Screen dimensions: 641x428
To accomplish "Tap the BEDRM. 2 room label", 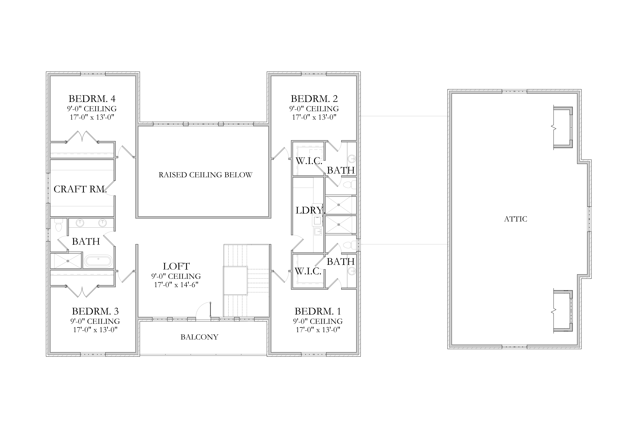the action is click(314, 99).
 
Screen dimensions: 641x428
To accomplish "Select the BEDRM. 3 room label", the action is click(95, 311).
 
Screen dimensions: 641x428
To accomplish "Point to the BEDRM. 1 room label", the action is click(318, 311).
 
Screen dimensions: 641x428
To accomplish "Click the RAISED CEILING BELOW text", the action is click(205, 175).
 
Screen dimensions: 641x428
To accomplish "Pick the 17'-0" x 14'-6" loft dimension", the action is click(176, 285).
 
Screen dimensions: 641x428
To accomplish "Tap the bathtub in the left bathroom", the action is click(98, 261).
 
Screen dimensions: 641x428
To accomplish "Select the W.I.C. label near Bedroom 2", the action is click(309, 161).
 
